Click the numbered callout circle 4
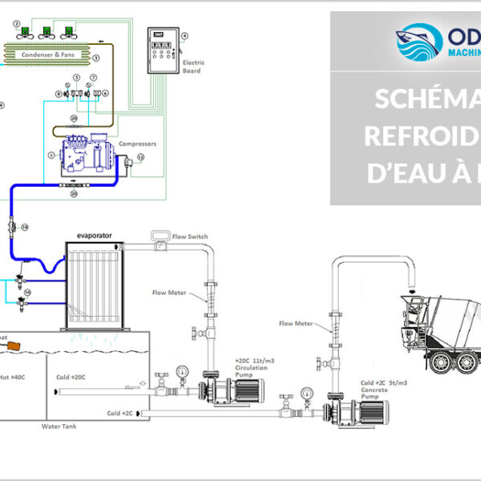tap(184, 36)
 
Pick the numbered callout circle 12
tap(140, 158)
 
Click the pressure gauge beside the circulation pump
tap(184, 373)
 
